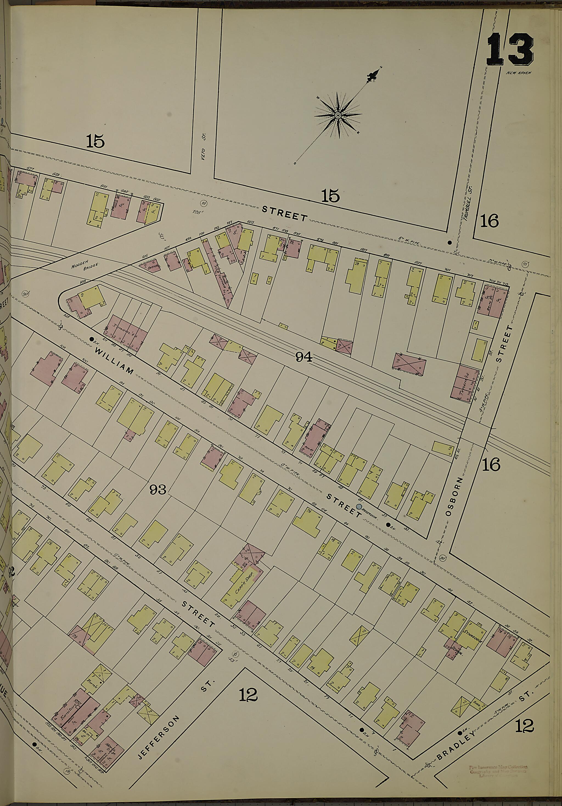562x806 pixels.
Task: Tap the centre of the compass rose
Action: pyautogui.click(x=338, y=116)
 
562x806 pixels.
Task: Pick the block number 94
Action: pyautogui.click(x=304, y=357)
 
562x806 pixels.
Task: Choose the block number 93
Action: pyautogui.click(x=158, y=490)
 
